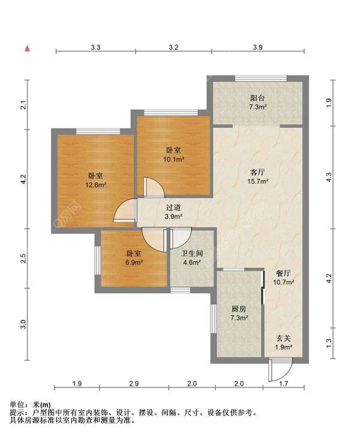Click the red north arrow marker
[28, 49]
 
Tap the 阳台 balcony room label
[257, 98]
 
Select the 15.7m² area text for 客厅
[257, 181]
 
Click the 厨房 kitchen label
[239, 309]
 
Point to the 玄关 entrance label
[284, 339]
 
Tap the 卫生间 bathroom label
[192, 253]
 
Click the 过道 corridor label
[173, 207]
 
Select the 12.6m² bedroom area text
[95, 185]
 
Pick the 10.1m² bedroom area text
[173, 159]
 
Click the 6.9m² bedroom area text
[134, 262]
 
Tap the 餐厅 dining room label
[283, 273]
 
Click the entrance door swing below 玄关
[280, 369]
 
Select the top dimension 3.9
[257, 47]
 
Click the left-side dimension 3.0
[23, 324]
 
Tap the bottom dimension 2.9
[134, 384]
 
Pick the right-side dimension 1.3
[329, 343]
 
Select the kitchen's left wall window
[214, 319]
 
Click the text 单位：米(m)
[30, 405]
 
